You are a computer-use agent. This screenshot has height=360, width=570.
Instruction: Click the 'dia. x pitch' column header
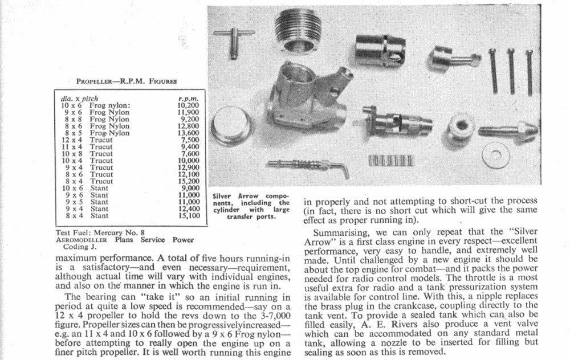[79, 99]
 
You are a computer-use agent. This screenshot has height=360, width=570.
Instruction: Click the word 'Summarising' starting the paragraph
[343, 235]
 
